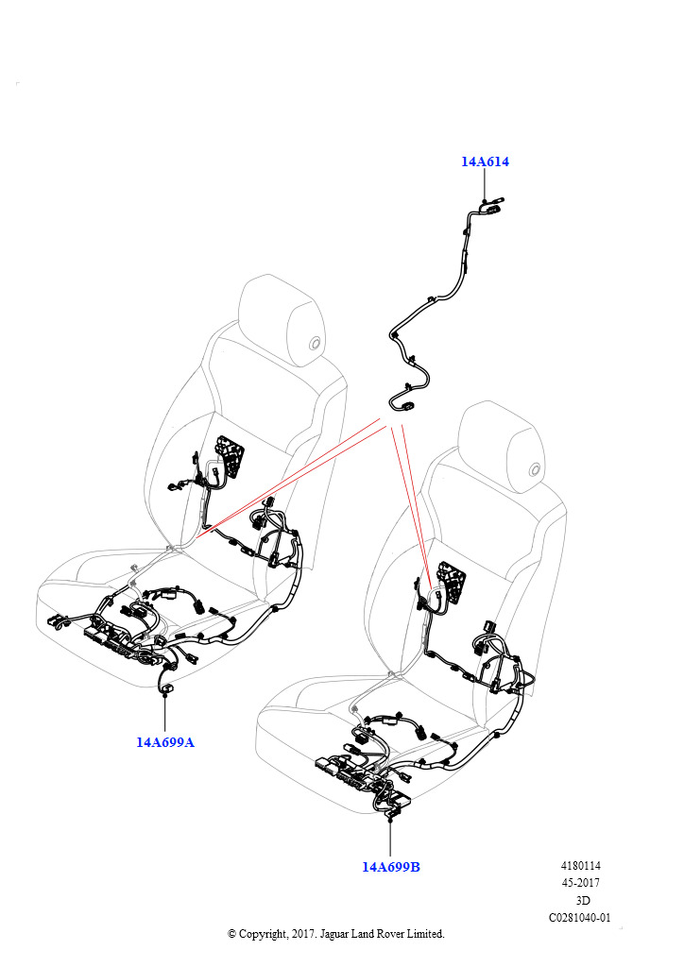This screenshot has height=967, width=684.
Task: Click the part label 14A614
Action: pos(485,161)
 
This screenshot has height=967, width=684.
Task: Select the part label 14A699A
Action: pos(164,742)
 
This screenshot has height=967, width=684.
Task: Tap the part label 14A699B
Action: pos(390,867)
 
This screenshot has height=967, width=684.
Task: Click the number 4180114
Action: pos(580,865)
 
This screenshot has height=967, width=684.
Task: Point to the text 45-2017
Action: pos(580,883)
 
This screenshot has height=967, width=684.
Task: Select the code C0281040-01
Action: pos(580,917)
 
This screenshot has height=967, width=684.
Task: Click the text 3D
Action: pos(582,900)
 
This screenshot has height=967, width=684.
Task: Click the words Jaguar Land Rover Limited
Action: pos(382,934)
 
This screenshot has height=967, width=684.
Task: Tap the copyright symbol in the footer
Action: pos(231,934)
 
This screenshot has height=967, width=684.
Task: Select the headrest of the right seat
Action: pos(502,446)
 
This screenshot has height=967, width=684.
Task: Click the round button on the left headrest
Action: pos(316,344)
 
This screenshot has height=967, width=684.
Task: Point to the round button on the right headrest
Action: pos(535,470)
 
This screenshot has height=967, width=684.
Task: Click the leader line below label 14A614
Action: pos(485,184)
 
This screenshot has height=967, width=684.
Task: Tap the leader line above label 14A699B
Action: pos(390,839)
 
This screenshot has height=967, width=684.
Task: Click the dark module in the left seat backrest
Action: pos(229,456)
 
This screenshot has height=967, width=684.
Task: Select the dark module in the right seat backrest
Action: pos(452,581)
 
